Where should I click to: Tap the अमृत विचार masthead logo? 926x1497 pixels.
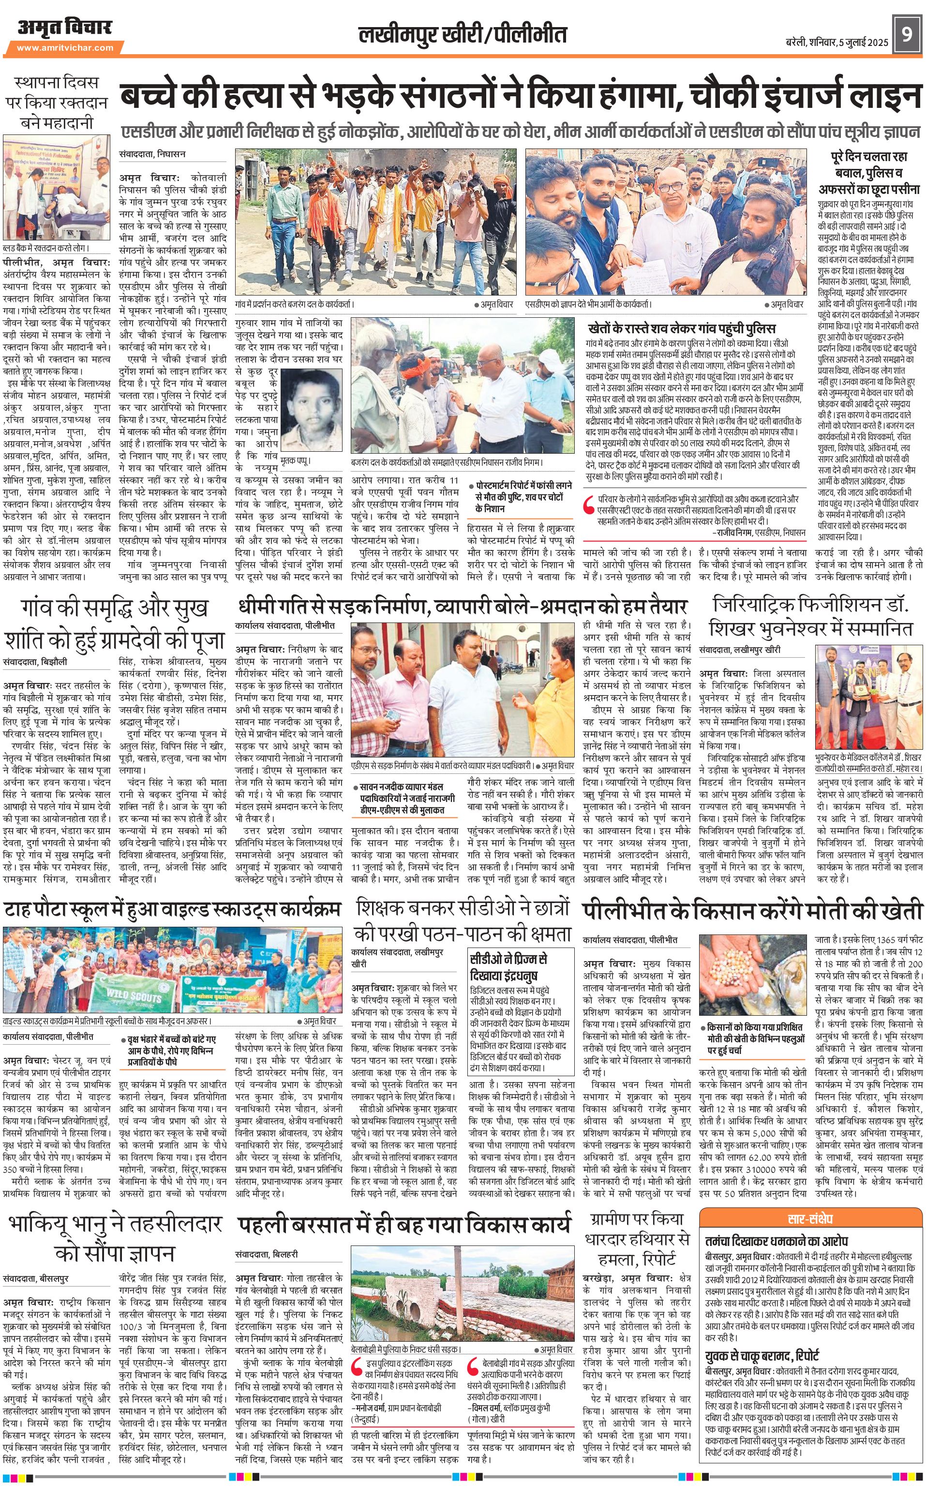64,28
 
